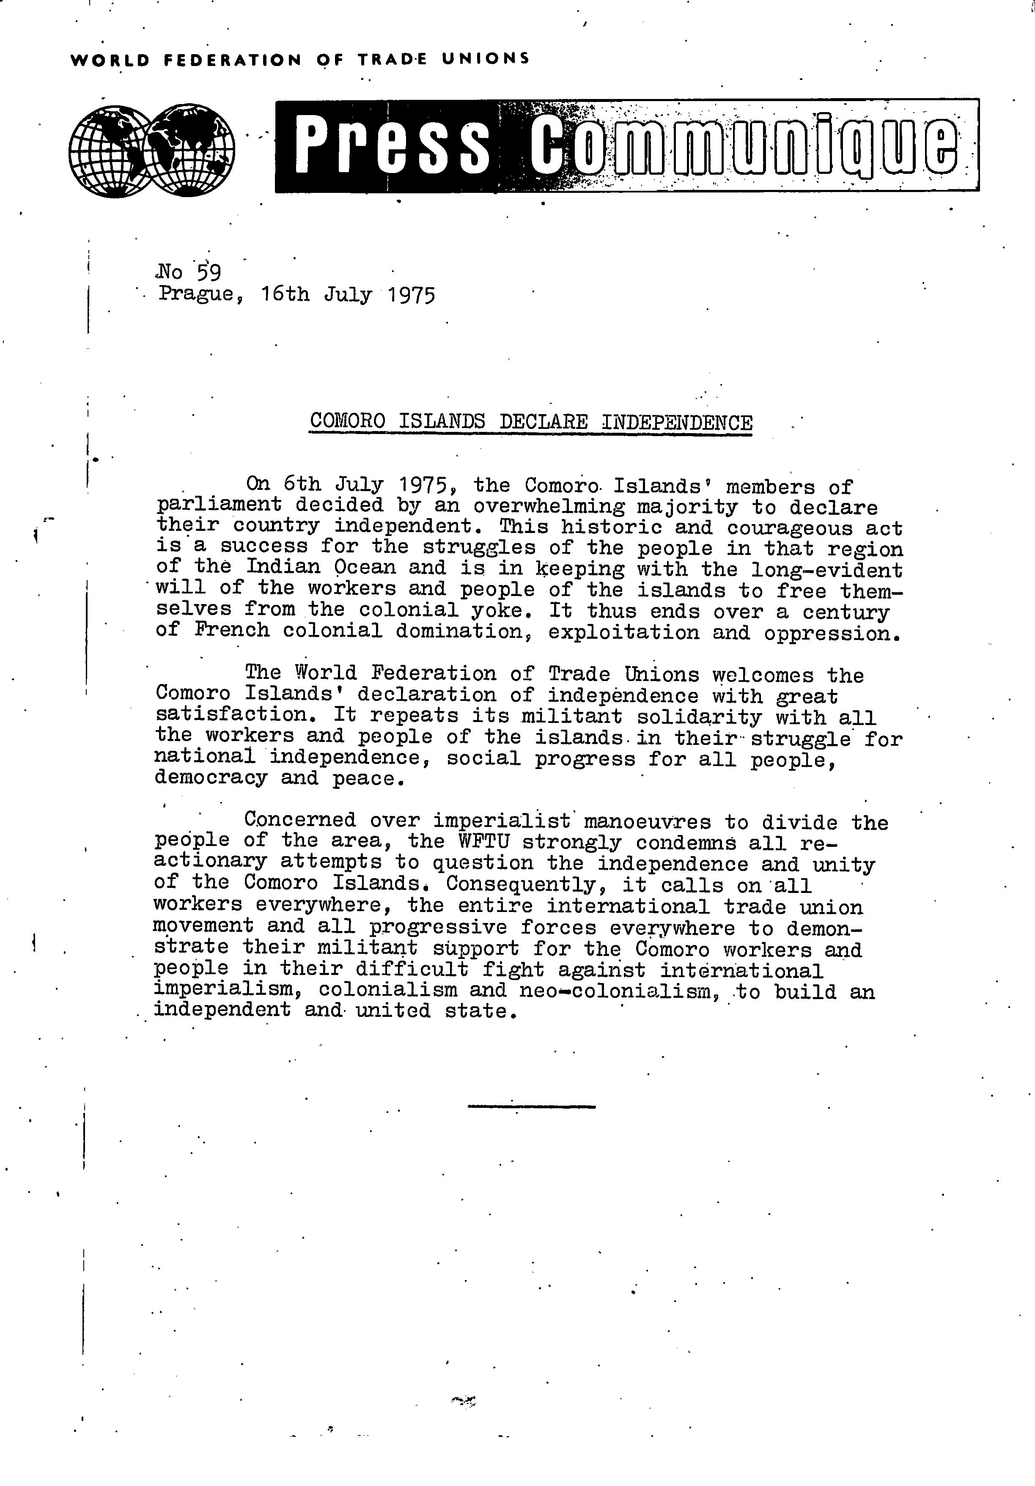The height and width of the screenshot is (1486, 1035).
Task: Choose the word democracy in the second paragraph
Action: [210, 778]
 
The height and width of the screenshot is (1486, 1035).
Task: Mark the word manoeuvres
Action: [647, 822]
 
